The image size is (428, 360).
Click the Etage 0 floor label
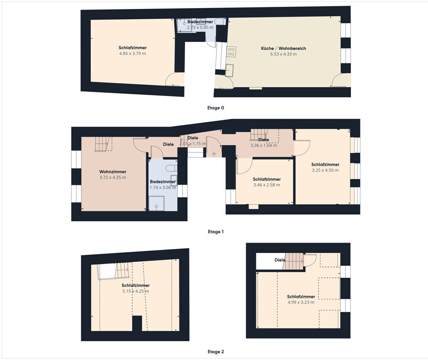point(216,108)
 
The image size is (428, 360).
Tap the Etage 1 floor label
point(216,232)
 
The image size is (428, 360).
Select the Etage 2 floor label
point(216,351)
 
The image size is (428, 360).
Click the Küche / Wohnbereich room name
point(283,48)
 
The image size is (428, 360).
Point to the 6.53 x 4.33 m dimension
point(283,54)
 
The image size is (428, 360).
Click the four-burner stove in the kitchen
point(231,52)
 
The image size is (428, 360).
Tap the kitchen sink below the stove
point(229,70)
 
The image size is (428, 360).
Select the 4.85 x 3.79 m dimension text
point(132,54)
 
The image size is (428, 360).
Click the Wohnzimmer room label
point(113,172)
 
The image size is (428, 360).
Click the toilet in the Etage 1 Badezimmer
point(172,168)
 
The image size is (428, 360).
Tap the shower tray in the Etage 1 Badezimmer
point(157,204)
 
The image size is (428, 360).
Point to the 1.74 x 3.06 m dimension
point(163,187)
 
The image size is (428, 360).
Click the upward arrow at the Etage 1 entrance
point(214,154)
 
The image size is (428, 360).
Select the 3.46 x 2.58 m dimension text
point(267,185)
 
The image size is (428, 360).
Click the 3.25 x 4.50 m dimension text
point(325,170)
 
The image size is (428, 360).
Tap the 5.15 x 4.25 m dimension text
point(136,291)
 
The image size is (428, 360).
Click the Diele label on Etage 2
point(280,260)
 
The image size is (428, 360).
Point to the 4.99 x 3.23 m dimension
point(301,302)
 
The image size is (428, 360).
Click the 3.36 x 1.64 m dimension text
point(264,146)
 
